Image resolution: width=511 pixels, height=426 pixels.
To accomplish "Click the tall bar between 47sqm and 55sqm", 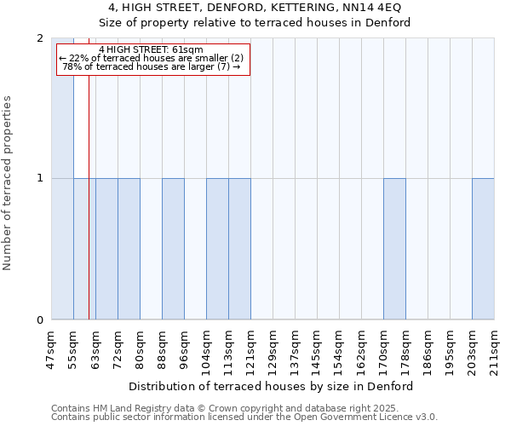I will (62, 179).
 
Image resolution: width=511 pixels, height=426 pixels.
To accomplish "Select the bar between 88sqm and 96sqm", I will (173, 249).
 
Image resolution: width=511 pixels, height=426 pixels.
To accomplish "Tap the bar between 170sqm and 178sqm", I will (394, 249).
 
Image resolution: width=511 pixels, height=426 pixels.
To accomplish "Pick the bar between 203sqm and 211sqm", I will (483, 249).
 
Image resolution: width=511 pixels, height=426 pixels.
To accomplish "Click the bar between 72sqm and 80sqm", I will (129, 249).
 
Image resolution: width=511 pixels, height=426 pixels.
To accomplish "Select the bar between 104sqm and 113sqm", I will (217, 249).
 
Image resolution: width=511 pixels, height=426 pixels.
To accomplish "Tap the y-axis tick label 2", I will (39, 38).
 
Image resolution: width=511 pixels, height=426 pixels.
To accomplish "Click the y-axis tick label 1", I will (39, 179).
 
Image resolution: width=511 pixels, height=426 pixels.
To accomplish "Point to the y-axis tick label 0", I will (39, 320).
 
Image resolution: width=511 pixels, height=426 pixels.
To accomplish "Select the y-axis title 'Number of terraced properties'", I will (8, 182).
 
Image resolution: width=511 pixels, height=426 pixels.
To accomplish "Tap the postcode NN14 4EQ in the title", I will (359, 8).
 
